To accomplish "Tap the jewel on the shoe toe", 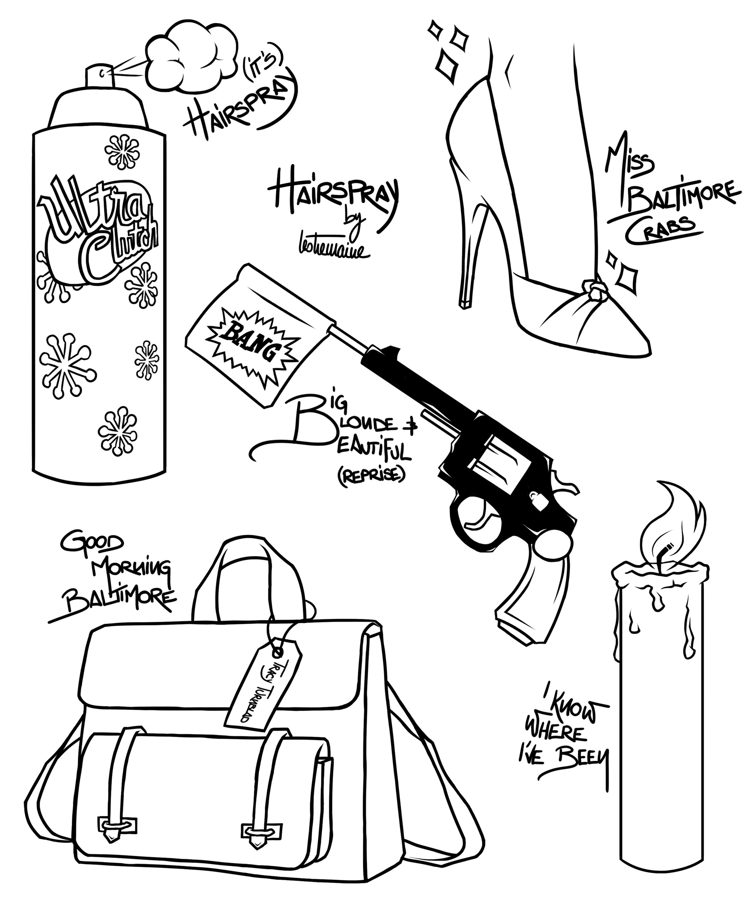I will [x=593, y=287].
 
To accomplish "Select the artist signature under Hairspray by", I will [x=326, y=250].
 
